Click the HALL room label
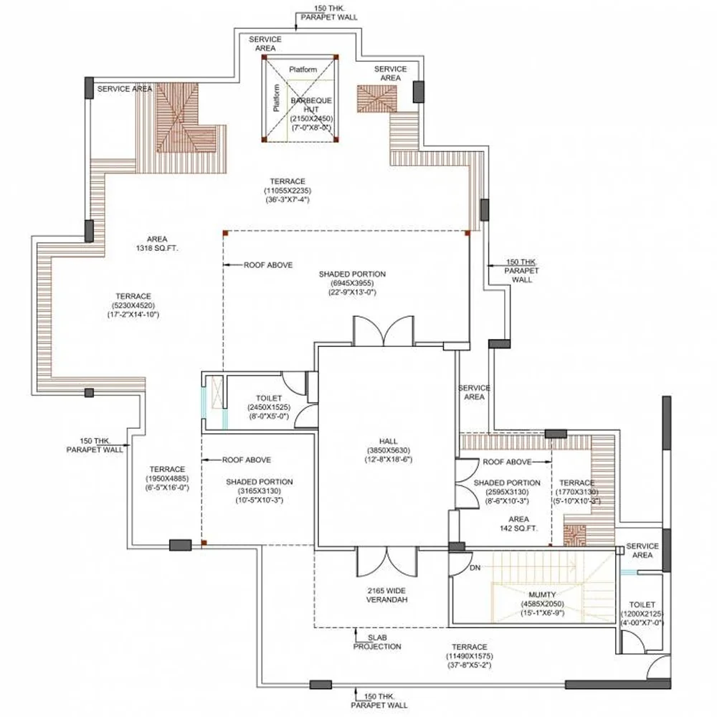[388, 441]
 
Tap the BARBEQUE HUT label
[311, 105]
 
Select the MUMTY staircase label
[542, 594]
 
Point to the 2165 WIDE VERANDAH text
[387, 595]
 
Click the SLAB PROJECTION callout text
[377, 642]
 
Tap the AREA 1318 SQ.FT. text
[157, 244]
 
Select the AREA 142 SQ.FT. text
[518, 523]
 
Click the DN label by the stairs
[475, 567]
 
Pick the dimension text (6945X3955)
[352, 283]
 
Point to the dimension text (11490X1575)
[470, 656]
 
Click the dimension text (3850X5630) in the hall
[388, 450]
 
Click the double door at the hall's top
[384, 331]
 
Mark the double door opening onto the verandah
[387, 561]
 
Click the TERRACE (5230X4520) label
[133, 305]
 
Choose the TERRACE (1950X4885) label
[167, 478]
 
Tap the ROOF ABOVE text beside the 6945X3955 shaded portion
[268, 265]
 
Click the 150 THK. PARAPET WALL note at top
[329, 13]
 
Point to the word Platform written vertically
[276, 98]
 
